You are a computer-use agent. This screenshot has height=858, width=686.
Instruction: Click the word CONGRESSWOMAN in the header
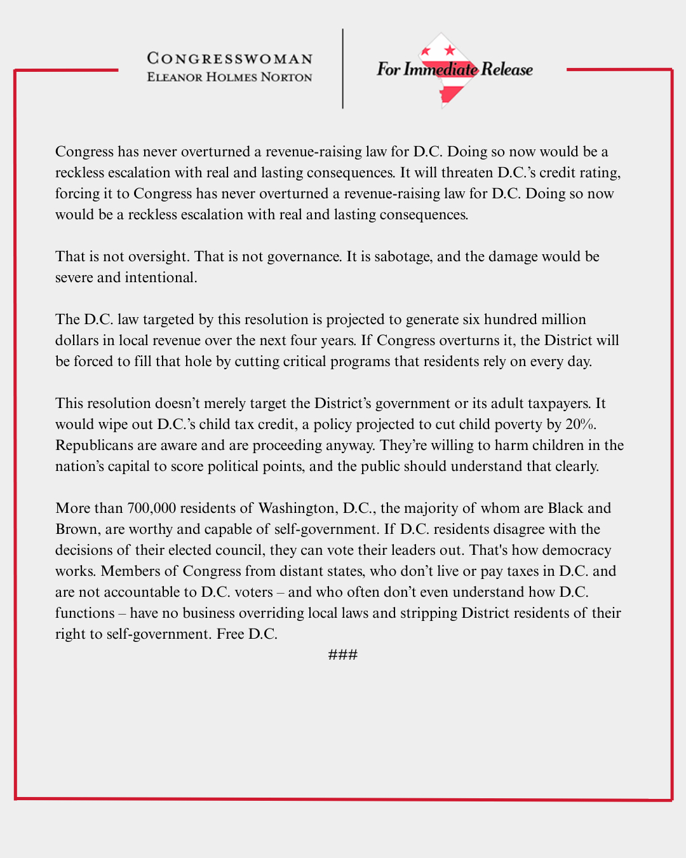coord(230,58)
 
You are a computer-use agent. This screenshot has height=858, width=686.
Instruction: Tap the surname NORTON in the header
coord(286,77)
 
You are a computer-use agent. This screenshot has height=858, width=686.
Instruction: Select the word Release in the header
coord(507,69)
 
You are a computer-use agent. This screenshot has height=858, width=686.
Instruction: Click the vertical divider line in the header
coord(343,69)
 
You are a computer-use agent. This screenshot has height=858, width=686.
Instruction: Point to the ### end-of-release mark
coord(343,655)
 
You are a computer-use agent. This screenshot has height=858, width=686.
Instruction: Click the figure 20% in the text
coord(581,424)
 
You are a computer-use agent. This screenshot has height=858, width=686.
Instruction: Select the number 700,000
coord(151,508)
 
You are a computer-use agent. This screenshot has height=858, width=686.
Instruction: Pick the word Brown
coord(76,529)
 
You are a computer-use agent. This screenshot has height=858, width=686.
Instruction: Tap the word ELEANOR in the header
coord(175,77)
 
